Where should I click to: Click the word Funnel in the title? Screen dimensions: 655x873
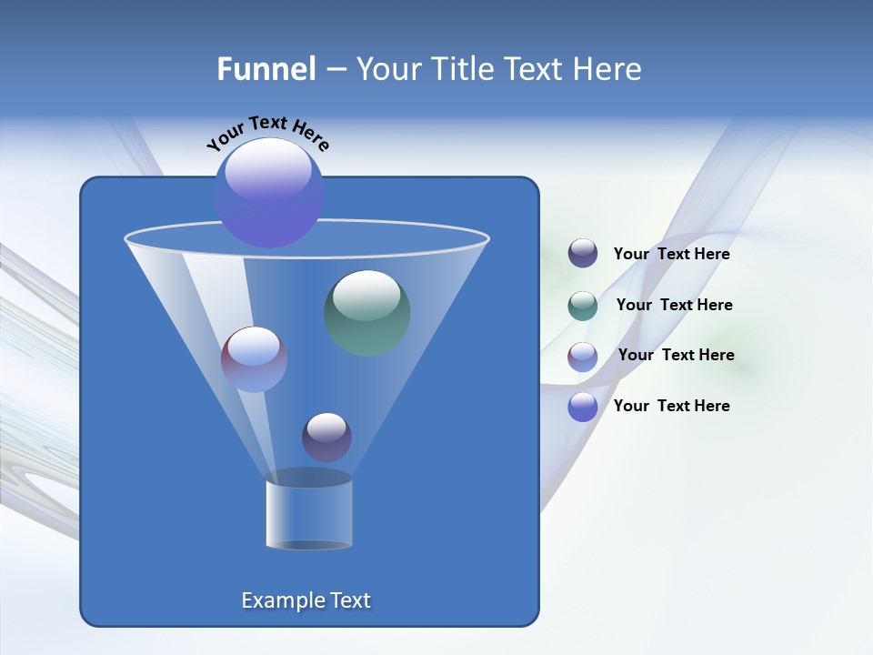(266, 69)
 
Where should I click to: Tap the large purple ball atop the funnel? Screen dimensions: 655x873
(269, 194)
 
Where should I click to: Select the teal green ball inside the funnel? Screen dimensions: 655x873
(367, 313)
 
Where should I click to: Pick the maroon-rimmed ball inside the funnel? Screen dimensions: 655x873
(254, 359)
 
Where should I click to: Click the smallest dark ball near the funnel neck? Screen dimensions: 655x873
(326, 437)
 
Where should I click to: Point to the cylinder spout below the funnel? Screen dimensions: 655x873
(308, 511)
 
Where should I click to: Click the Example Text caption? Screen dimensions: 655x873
(306, 600)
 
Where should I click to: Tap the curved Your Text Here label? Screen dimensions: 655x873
(267, 133)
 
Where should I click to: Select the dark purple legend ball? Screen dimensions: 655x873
(583, 254)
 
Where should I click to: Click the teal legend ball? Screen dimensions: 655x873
(583, 306)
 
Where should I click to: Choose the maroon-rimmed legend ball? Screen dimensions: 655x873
(583, 357)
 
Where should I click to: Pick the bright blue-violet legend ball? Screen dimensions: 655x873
(583, 407)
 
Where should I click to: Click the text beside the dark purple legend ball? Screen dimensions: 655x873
(671, 255)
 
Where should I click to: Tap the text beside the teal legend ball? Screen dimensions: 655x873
(674, 306)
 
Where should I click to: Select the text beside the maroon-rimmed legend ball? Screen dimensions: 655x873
(676, 356)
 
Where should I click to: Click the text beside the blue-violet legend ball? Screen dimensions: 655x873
(671, 406)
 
